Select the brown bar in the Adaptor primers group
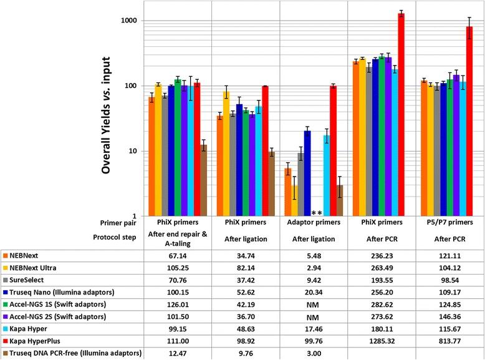point(340,201)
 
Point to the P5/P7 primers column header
point(448,222)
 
